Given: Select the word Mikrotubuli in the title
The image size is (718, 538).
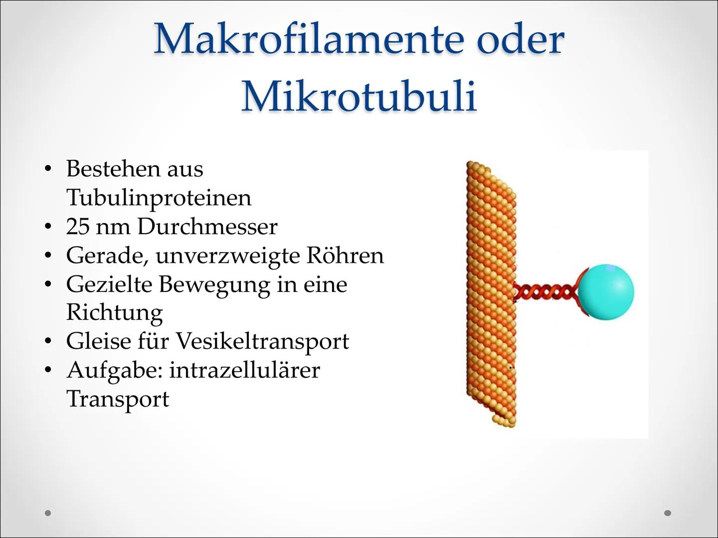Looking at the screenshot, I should click(x=359, y=96).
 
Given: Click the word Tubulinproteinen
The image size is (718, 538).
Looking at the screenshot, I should click(x=159, y=198).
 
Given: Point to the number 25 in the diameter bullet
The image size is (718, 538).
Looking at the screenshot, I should click(x=77, y=227).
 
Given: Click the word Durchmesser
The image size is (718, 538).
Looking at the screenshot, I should click(x=207, y=227).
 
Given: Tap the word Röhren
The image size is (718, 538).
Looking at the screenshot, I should click(x=345, y=256).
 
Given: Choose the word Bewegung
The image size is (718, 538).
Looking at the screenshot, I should click(x=214, y=284).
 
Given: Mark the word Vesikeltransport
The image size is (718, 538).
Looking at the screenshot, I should click(x=262, y=342).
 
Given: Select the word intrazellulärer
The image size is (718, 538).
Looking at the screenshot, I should click(x=244, y=370).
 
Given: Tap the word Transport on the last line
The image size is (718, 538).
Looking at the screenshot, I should click(x=118, y=399).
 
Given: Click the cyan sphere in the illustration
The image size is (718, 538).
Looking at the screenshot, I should click(x=607, y=292).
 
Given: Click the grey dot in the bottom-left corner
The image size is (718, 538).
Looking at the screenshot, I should click(x=48, y=513).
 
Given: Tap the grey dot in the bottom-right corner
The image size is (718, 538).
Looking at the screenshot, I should click(x=668, y=513).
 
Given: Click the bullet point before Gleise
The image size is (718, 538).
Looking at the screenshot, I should click(x=48, y=342).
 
